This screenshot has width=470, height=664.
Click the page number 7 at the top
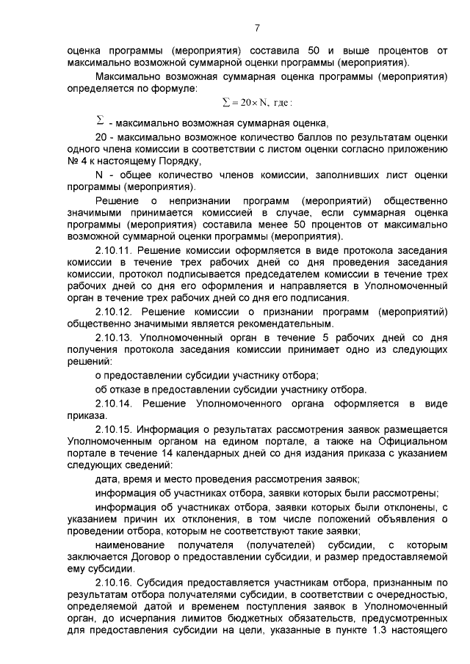257,29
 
